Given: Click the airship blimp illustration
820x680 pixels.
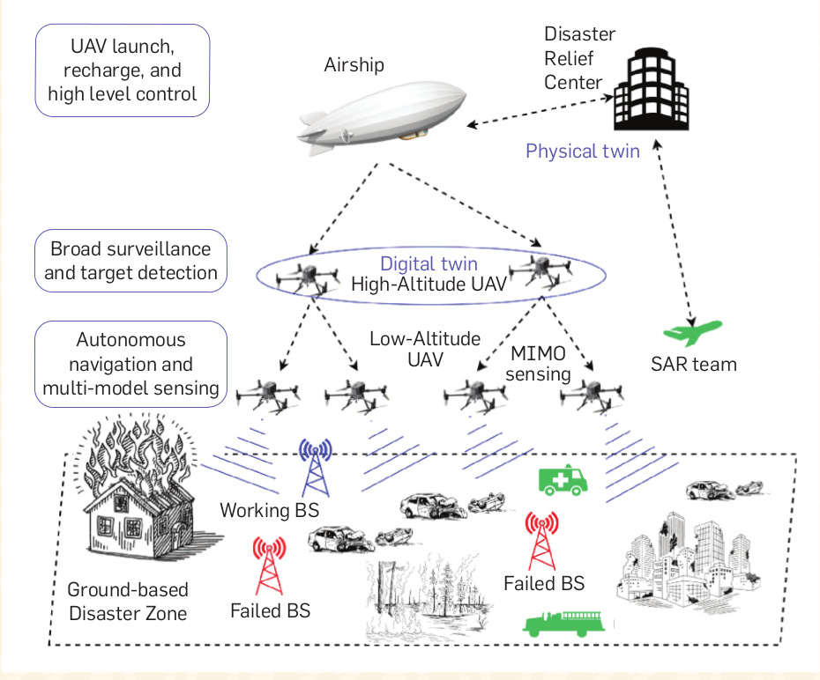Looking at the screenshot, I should click(x=383, y=115).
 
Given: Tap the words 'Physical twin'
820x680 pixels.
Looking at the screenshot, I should click(x=582, y=151).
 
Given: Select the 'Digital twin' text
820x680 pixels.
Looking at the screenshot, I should click(x=429, y=263).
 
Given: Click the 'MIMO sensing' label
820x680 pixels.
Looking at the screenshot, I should click(x=539, y=364).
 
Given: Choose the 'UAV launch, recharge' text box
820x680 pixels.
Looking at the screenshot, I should click(x=123, y=70).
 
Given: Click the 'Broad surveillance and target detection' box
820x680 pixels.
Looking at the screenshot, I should click(x=130, y=261).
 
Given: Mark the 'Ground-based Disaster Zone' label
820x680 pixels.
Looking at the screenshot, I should click(x=128, y=602).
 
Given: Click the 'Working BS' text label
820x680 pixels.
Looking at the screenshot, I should click(x=269, y=510).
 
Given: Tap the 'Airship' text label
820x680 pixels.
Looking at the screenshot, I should click(x=354, y=65).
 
